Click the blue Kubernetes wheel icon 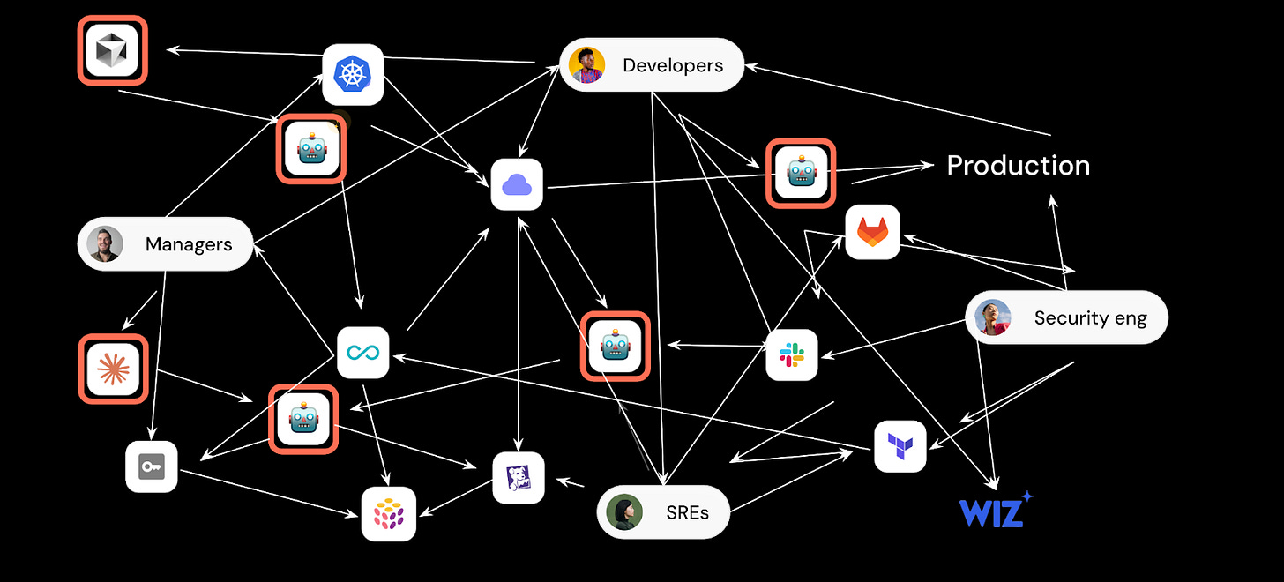[353, 74]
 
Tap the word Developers [672, 65]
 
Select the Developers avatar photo [586, 65]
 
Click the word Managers [189, 244]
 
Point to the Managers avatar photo [105, 244]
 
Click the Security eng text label [1090, 318]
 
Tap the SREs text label [687, 512]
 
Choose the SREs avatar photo [624, 512]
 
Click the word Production [1018, 166]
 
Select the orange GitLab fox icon [872, 233]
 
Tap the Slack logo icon [791, 354]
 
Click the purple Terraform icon [900, 446]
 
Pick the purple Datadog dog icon [518, 478]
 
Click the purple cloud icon [517, 184]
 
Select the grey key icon [151, 466]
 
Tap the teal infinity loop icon [362, 353]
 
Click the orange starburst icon [113, 368]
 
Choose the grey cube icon [112, 51]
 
